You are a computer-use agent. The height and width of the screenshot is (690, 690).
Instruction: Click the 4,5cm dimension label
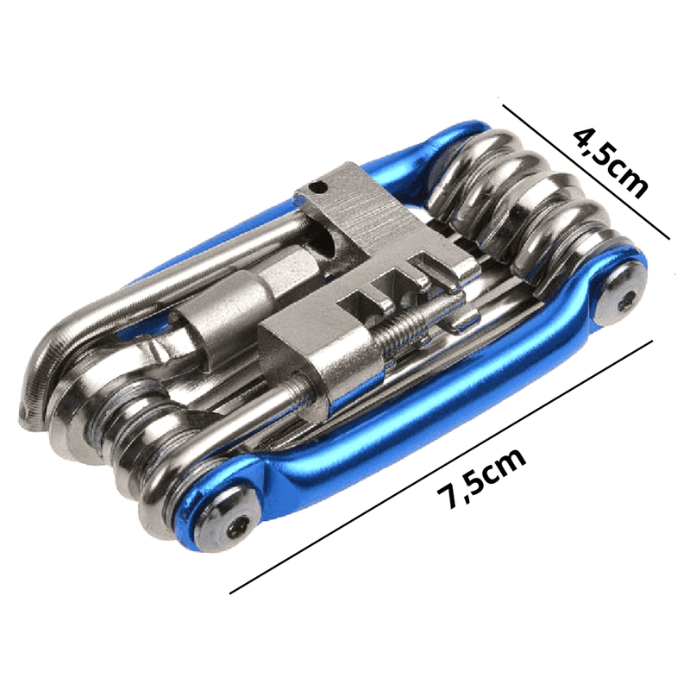point(611,163)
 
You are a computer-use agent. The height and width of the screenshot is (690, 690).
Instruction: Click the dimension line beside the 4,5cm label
point(586,172)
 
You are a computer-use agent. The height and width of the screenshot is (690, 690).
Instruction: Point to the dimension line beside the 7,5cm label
point(441,467)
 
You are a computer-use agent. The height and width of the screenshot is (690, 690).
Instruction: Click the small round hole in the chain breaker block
point(317,189)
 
